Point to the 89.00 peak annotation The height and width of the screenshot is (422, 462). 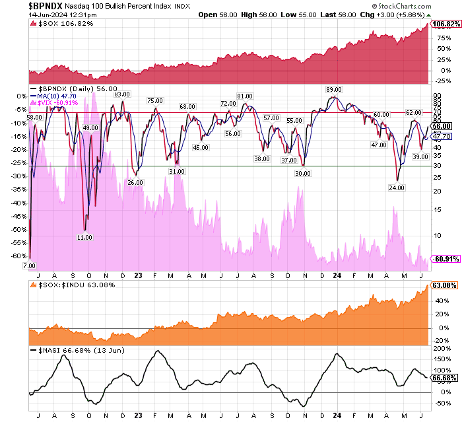pyautogui.click(x=333, y=90)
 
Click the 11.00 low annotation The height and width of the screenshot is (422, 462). pyautogui.click(x=84, y=237)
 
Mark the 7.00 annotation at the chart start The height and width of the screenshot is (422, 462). pyautogui.click(x=29, y=265)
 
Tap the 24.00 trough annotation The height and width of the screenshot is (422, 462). pyautogui.click(x=397, y=188)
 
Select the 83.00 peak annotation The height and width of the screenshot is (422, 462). pyautogui.click(x=122, y=94)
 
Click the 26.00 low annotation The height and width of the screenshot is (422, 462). pyautogui.click(x=135, y=182)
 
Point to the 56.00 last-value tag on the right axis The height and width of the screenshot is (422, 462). pyautogui.click(x=442, y=126)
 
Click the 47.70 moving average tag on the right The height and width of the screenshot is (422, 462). pyautogui.click(x=442, y=135)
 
